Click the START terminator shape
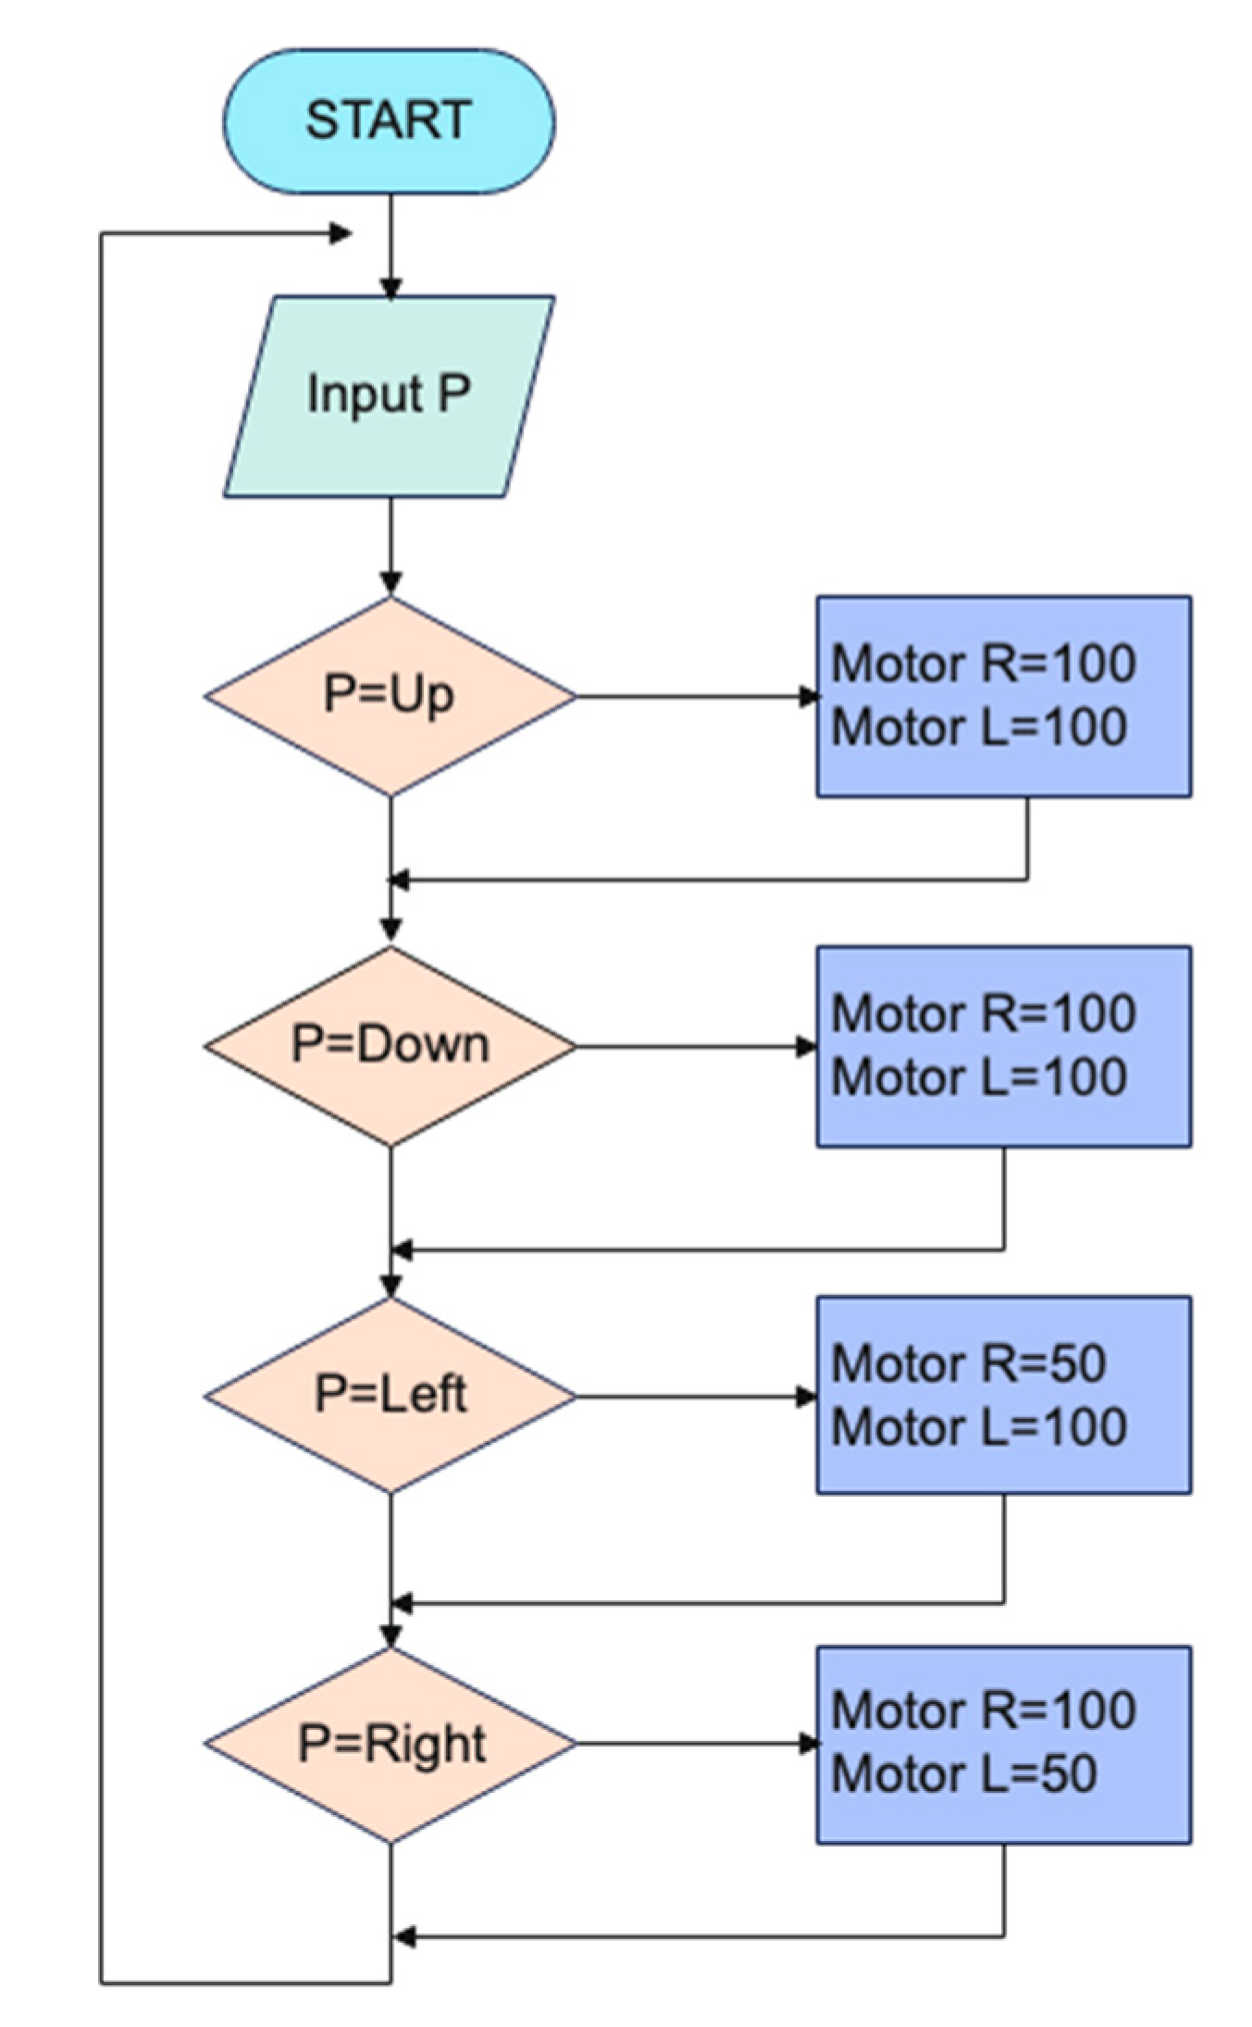[389, 121]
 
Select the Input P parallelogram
[389, 396]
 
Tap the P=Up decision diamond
[390, 695]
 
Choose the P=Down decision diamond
[390, 1046]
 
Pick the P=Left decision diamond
[390, 1395]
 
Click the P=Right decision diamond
[390, 1744]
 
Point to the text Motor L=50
[963, 1774]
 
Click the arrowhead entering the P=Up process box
[809, 696]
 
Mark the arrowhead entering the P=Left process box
[807, 1397]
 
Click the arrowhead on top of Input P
[390, 288]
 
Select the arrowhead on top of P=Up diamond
[390, 582]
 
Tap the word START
[389, 121]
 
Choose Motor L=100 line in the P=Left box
[978, 1426]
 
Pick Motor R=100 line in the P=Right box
[983, 1710]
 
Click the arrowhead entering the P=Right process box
[809, 1744]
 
